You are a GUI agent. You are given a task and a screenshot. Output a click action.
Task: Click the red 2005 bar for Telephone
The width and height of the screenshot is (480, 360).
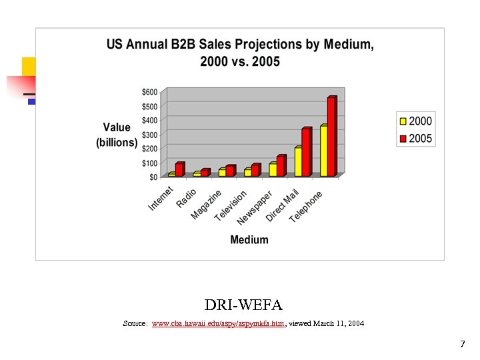331,137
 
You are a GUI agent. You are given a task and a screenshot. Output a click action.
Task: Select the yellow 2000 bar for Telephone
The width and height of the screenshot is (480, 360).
323,151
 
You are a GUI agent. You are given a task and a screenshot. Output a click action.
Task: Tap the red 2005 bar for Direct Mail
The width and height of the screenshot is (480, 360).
305,153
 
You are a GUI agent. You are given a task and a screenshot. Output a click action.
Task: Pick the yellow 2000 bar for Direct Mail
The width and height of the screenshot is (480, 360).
297,162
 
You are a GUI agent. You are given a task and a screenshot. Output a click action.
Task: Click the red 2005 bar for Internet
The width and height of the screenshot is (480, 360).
179,170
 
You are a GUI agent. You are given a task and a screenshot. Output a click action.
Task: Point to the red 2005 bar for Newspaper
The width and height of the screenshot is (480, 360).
280,166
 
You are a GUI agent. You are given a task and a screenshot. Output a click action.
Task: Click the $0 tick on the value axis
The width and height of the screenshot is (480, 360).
153,177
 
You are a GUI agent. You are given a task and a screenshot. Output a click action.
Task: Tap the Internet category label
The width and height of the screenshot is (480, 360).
161,199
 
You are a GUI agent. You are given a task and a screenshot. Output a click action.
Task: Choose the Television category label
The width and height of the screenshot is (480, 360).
231,205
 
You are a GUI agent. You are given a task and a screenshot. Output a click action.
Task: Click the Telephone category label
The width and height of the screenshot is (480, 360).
306,207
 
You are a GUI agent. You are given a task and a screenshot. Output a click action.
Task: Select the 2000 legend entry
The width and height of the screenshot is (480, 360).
415,121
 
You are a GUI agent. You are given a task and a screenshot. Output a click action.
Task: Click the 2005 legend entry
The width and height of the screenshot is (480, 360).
415,139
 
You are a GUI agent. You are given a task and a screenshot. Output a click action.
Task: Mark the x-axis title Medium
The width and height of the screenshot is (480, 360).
249,240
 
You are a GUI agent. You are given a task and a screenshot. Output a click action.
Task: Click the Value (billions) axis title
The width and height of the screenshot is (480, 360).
117,135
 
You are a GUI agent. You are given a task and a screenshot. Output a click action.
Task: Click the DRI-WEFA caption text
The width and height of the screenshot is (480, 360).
243,305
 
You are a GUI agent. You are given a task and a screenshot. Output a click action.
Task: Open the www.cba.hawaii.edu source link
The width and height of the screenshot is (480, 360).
219,323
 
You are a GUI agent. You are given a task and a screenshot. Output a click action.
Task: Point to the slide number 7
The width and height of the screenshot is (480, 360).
462,344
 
